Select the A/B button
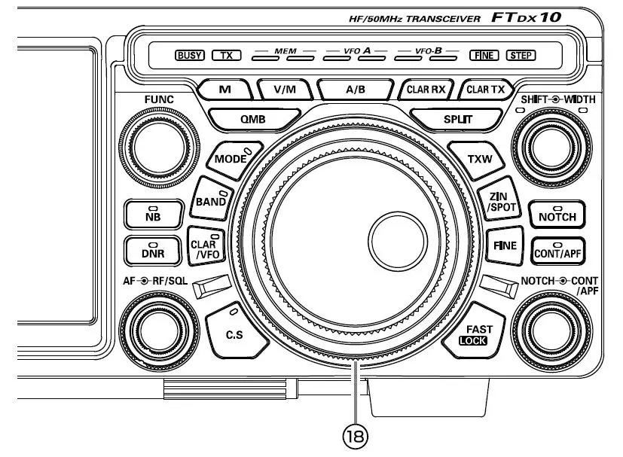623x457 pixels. click(355, 89)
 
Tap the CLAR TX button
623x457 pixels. click(485, 89)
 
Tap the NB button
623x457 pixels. click(153, 216)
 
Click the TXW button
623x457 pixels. click(479, 159)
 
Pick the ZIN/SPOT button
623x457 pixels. click(499, 201)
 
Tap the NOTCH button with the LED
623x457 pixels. click(557, 215)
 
